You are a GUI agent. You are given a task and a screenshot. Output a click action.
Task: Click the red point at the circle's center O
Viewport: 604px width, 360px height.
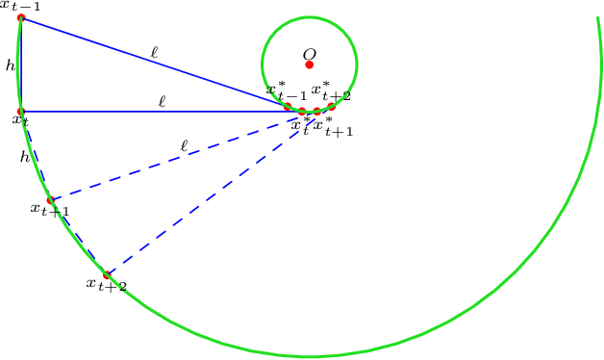pos(310,65)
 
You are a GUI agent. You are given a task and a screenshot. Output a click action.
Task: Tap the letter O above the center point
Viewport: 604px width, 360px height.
pos(310,54)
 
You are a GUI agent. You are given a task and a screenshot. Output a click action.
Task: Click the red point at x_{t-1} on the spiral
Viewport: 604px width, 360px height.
pos(21,17)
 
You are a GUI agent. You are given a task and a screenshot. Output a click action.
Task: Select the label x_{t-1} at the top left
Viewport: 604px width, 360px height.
pos(19,6)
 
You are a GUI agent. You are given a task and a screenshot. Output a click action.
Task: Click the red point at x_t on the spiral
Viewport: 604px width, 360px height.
pos(21,112)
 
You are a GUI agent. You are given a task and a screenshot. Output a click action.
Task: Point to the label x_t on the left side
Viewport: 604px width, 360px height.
pos(19,120)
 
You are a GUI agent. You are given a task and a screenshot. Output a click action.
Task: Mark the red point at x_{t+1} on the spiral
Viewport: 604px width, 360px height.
pos(51,200)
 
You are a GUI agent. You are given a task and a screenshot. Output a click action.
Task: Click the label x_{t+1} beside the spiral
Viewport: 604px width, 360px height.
pos(50,209)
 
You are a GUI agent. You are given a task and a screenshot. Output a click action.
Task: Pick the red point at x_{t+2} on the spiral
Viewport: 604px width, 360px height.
pos(107,275)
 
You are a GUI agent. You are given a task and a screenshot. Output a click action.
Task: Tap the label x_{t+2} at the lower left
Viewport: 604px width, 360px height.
pos(106,285)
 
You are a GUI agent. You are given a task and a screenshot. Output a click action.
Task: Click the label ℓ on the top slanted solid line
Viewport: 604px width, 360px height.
pos(155,53)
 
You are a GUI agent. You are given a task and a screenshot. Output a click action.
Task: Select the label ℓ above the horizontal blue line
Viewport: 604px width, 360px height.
pos(163,100)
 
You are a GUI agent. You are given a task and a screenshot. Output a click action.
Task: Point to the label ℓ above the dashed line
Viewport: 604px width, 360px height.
pos(184,146)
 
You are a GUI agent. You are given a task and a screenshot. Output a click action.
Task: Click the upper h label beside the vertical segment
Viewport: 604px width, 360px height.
pos(10,65)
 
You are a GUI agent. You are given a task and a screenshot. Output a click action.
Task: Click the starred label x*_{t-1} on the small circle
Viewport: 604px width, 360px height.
pos(287,92)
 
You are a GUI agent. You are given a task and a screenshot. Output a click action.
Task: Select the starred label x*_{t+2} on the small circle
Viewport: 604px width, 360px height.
pos(331,91)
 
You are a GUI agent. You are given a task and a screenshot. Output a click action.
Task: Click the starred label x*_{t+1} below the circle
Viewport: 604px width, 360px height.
pos(334,127)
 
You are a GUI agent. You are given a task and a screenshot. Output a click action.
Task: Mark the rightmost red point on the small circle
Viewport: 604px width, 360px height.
pos(331,106)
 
